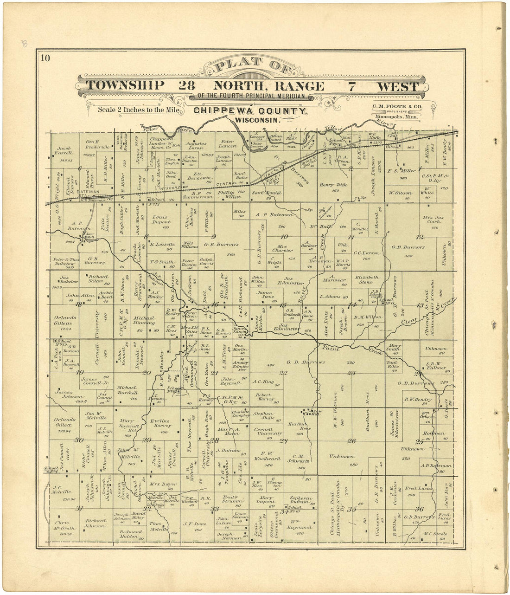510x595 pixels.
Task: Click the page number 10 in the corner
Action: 45,58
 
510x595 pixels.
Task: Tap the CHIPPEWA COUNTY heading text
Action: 250,111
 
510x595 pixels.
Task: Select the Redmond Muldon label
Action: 131,534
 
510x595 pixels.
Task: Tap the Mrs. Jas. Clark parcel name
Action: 434,221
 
